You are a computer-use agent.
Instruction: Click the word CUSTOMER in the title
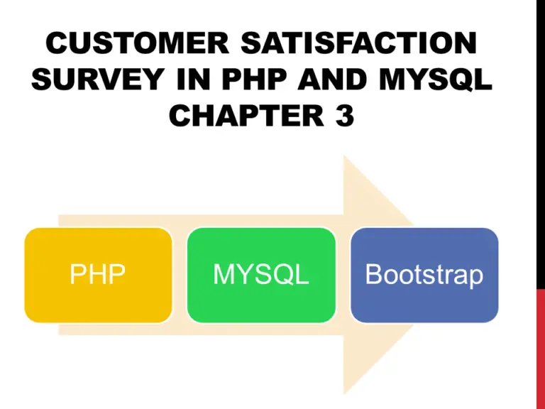[137, 43]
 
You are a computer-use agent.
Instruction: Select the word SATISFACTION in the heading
[358, 43]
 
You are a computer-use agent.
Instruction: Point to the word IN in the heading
[194, 79]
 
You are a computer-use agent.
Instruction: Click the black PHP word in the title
[254, 79]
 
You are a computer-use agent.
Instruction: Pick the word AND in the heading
[333, 79]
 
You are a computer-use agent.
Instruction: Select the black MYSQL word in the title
[436, 80]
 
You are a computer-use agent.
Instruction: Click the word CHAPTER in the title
[247, 115]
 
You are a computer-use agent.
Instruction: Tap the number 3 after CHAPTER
[345, 115]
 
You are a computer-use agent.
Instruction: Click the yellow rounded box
[98, 275]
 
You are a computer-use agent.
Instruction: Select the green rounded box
[261, 275]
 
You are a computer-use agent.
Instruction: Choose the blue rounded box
[424, 275]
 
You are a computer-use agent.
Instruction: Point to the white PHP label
[98, 274]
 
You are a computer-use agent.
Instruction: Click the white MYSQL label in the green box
[261, 274]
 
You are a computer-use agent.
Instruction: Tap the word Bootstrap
[424, 275]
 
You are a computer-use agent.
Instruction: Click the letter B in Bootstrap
[374, 274]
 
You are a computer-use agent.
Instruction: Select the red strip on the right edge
[541, 349]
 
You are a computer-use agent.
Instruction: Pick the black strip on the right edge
[541, 144]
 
